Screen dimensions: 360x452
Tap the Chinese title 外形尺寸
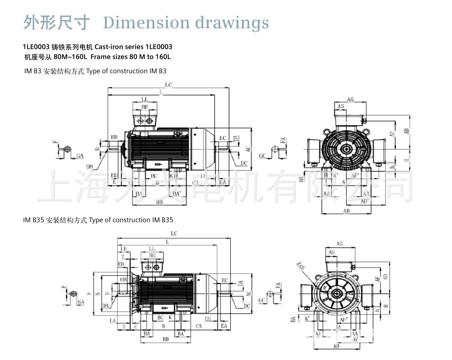(57, 22)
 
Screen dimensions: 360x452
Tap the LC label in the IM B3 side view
(168, 85)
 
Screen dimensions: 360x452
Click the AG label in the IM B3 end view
(350, 99)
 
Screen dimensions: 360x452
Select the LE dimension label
(123, 249)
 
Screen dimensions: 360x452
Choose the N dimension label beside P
(97, 294)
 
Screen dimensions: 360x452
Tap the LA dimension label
(112, 320)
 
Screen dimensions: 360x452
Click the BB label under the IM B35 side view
(165, 339)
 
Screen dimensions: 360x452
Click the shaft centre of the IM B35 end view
(337, 294)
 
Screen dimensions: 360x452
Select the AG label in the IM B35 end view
(339, 244)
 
